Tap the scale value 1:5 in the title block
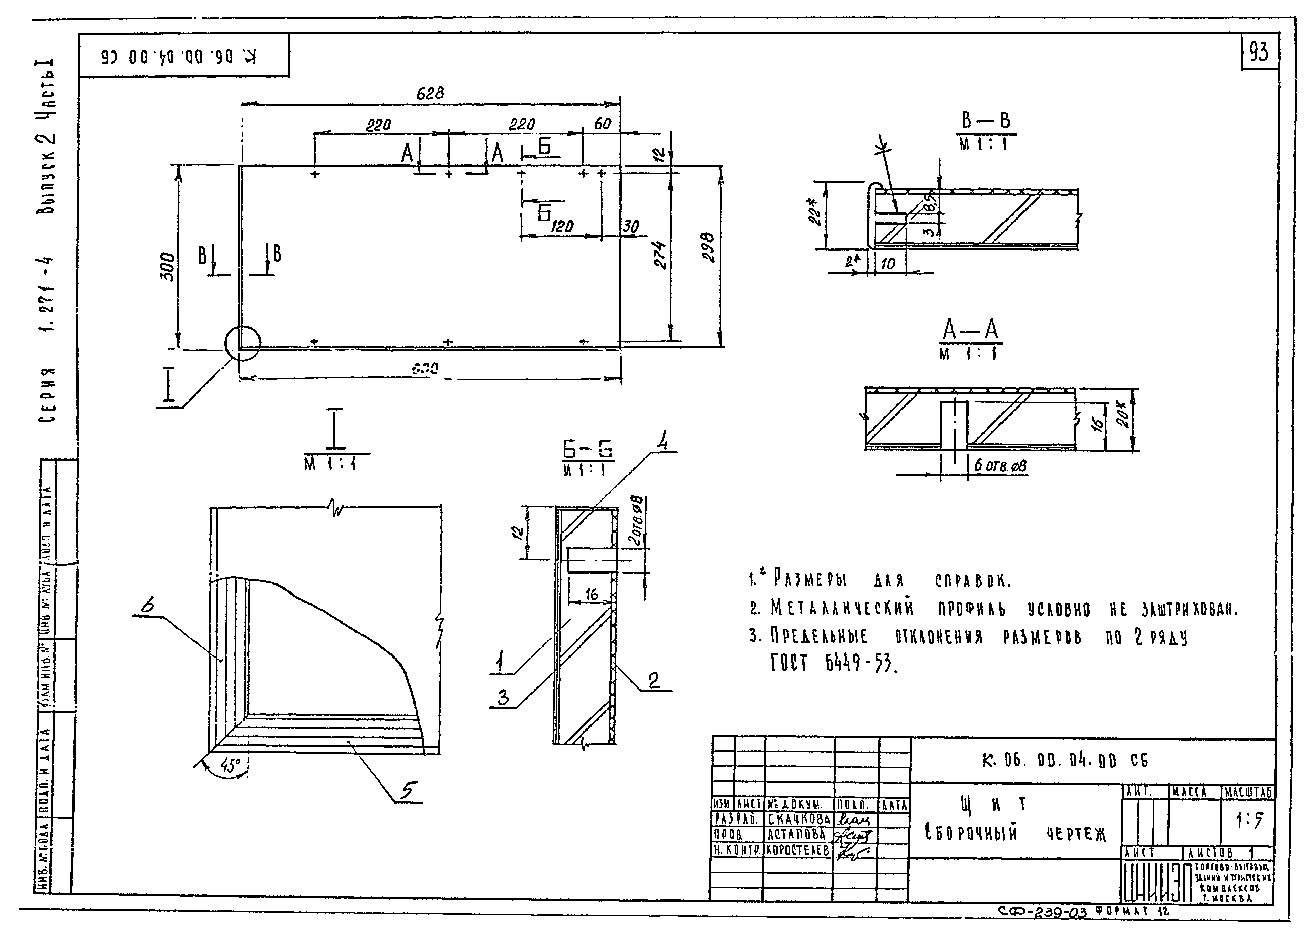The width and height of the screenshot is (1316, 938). pos(1249,821)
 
